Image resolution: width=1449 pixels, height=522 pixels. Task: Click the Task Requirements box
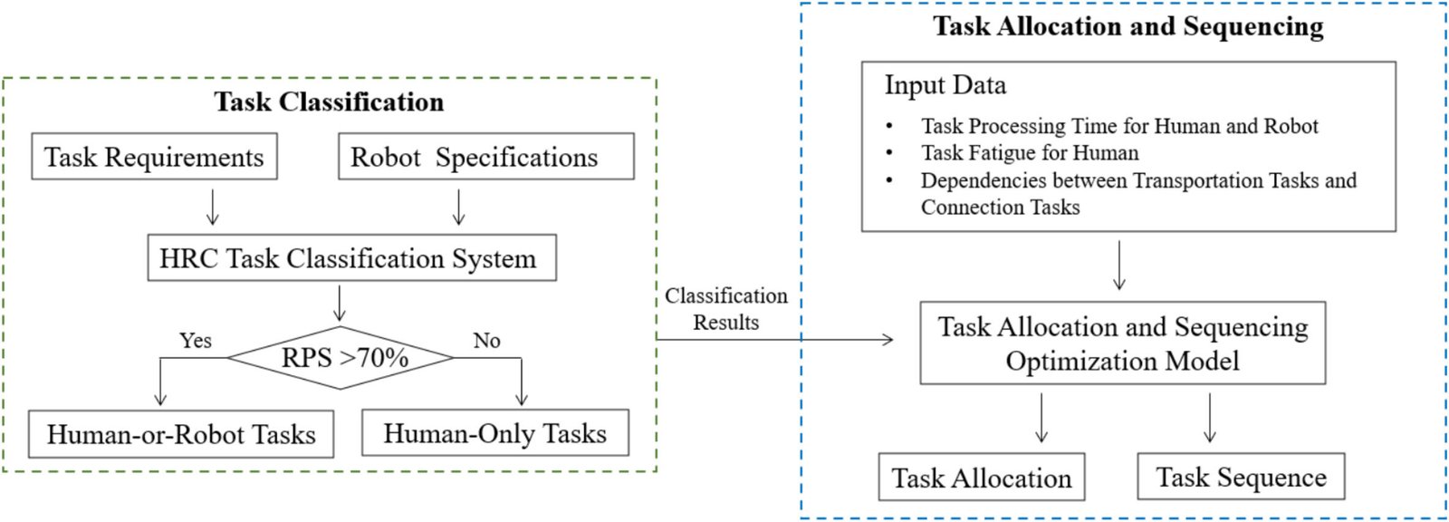click(x=155, y=156)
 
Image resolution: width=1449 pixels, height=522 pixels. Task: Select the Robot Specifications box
click(x=486, y=156)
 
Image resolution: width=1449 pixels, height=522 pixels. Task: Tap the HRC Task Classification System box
click(x=352, y=257)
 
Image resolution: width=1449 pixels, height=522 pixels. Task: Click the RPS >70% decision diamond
click(x=341, y=358)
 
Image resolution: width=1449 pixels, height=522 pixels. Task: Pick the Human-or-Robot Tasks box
click(x=181, y=434)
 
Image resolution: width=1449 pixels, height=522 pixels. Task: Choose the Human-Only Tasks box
click(x=495, y=432)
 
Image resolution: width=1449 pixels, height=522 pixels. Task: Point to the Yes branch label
click(x=196, y=340)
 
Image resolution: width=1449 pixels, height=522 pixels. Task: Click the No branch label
click(x=486, y=340)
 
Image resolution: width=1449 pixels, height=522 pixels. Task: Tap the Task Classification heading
click(x=330, y=101)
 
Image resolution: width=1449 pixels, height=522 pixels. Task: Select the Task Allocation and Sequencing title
click(x=1128, y=26)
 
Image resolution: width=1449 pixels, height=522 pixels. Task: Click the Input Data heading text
click(x=945, y=85)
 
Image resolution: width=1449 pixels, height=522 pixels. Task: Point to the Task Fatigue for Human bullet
click(x=1030, y=153)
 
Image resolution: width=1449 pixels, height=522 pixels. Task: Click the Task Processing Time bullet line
click(x=1119, y=126)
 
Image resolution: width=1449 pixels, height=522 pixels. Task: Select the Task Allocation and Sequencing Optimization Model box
click(x=1123, y=343)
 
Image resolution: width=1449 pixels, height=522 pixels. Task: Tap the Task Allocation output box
click(x=982, y=478)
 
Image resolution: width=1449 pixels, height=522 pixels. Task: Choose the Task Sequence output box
click(x=1242, y=476)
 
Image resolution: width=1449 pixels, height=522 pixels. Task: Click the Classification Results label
click(x=726, y=309)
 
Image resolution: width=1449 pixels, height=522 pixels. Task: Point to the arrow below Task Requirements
click(x=212, y=207)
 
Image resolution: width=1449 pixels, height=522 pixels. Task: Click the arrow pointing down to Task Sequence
click(x=1210, y=418)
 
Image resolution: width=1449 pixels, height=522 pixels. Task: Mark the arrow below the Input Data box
click(x=1119, y=265)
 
